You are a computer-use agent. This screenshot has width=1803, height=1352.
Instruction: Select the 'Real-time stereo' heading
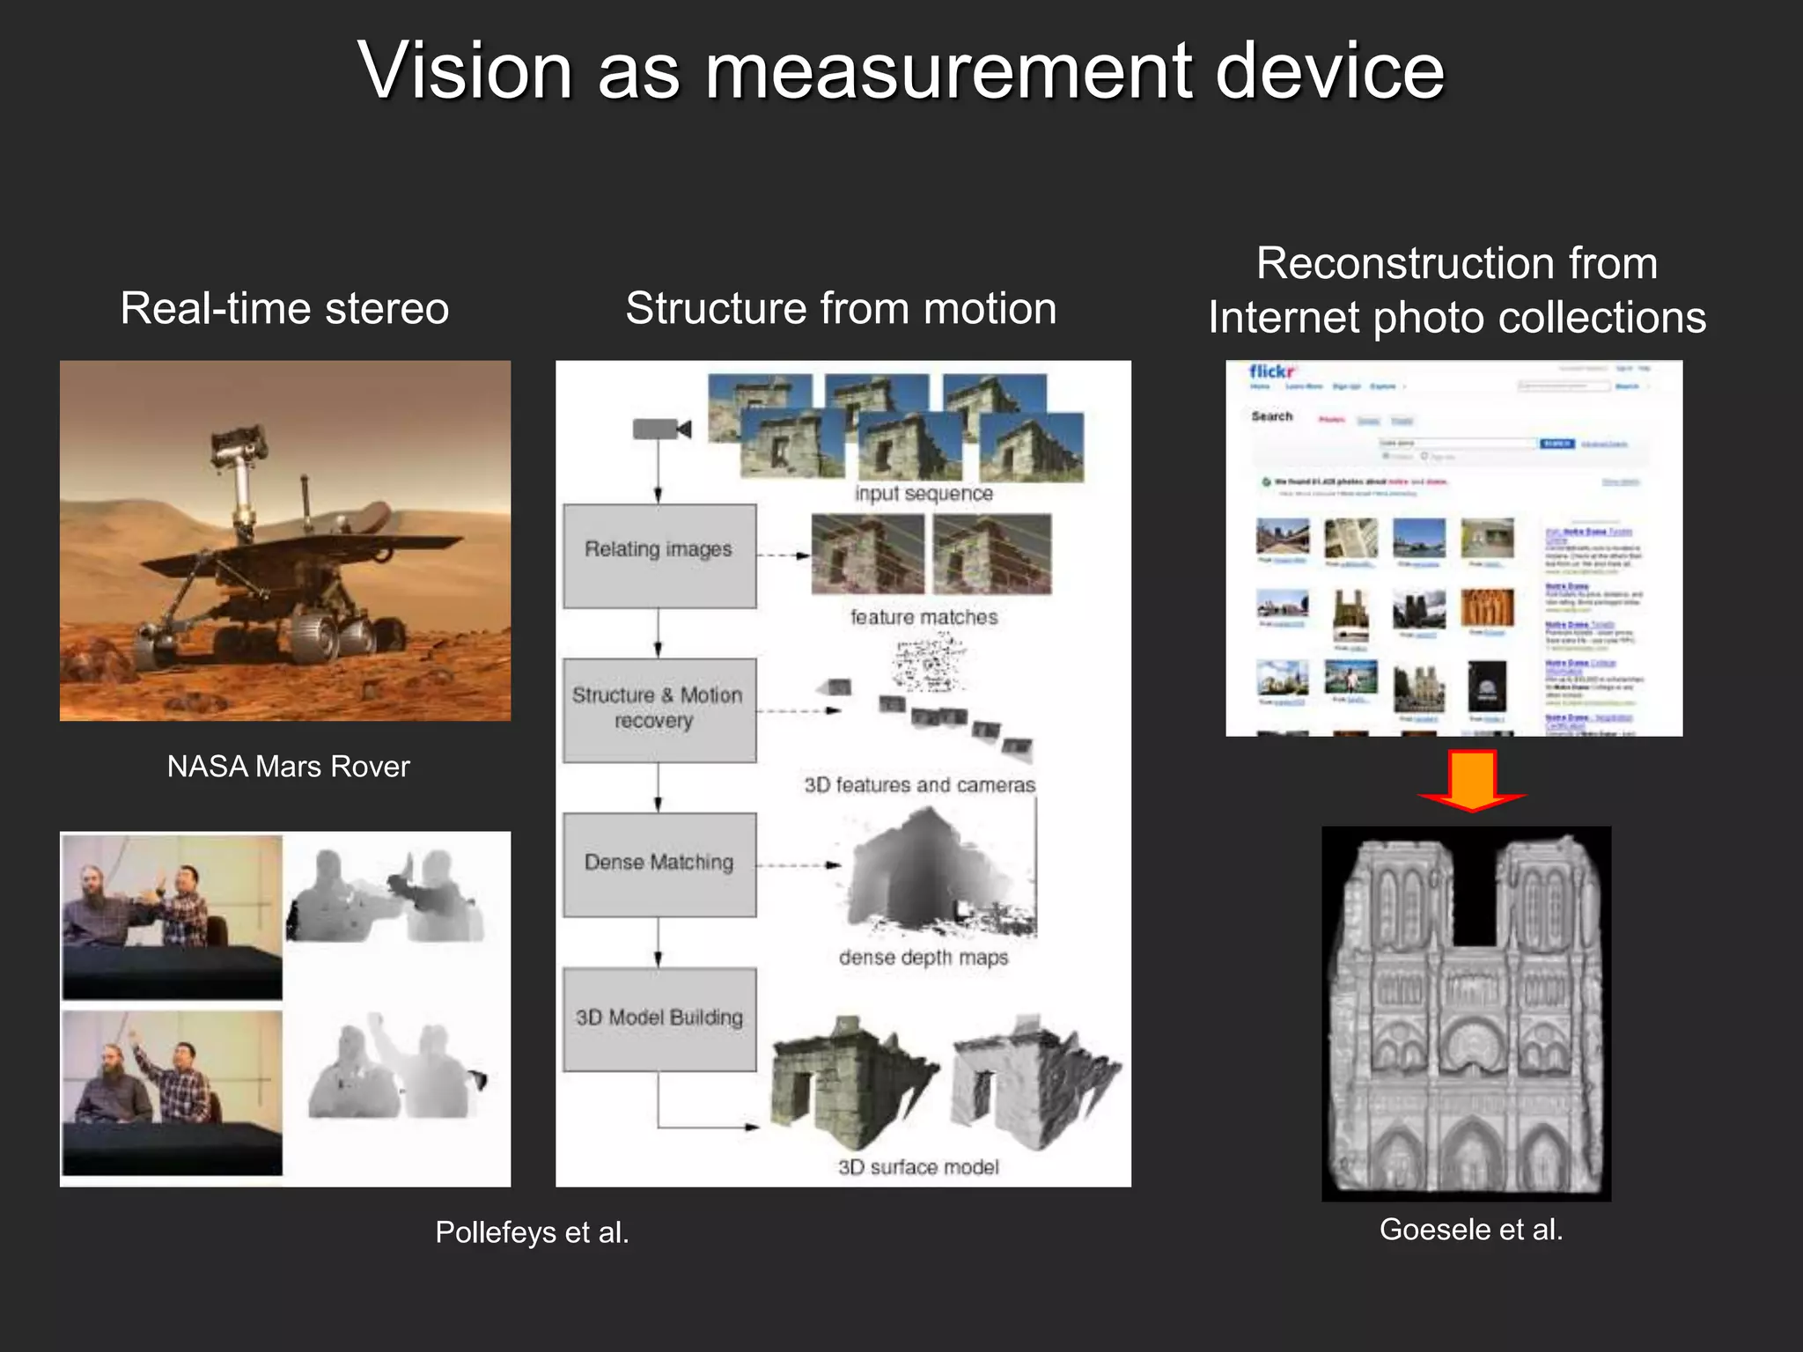[284, 309]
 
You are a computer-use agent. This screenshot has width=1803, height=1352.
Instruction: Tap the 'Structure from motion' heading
[841, 309]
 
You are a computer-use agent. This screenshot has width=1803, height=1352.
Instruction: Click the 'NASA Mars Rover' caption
[288, 767]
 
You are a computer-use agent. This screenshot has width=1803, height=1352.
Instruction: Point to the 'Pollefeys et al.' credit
[532, 1232]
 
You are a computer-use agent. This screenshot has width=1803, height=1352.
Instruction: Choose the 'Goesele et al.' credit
[1471, 1230]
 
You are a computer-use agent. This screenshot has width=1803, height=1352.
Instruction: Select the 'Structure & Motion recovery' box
[659, 709]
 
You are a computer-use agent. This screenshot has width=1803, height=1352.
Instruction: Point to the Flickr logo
[1271, 372]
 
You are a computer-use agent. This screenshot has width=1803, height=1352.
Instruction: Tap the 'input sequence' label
[924, 494]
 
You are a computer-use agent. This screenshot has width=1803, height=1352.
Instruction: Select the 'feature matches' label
[924, 618]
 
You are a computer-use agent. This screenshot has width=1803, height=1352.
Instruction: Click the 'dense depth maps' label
[923, 958]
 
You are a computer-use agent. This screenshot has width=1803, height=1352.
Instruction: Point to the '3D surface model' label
[918, 1167]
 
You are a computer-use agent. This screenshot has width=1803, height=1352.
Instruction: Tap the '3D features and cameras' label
[919, 785]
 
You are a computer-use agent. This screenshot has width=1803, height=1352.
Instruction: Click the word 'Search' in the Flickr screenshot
[1272, 416]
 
